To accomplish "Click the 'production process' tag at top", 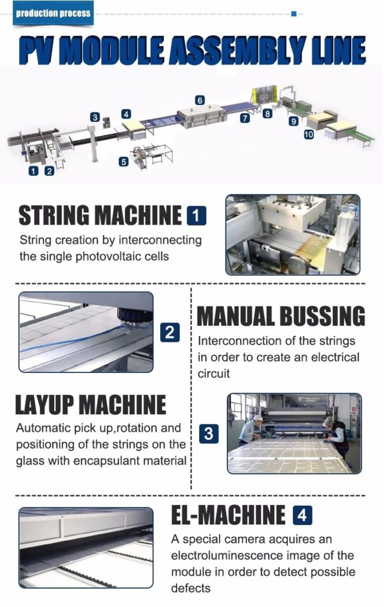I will [54, 13].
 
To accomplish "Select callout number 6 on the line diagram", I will [200, 101].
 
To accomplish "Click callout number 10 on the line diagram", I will [309, 134].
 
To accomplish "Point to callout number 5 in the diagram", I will [123, 161].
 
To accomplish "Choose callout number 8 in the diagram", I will [267, 114].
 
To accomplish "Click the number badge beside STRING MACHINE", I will [196, 216].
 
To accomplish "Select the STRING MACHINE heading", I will [100, 216].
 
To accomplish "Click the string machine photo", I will [293, 235].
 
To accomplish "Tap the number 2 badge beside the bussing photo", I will [169, 333].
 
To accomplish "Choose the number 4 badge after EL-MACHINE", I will [302, 516].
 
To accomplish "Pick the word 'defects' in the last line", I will [191, 588].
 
